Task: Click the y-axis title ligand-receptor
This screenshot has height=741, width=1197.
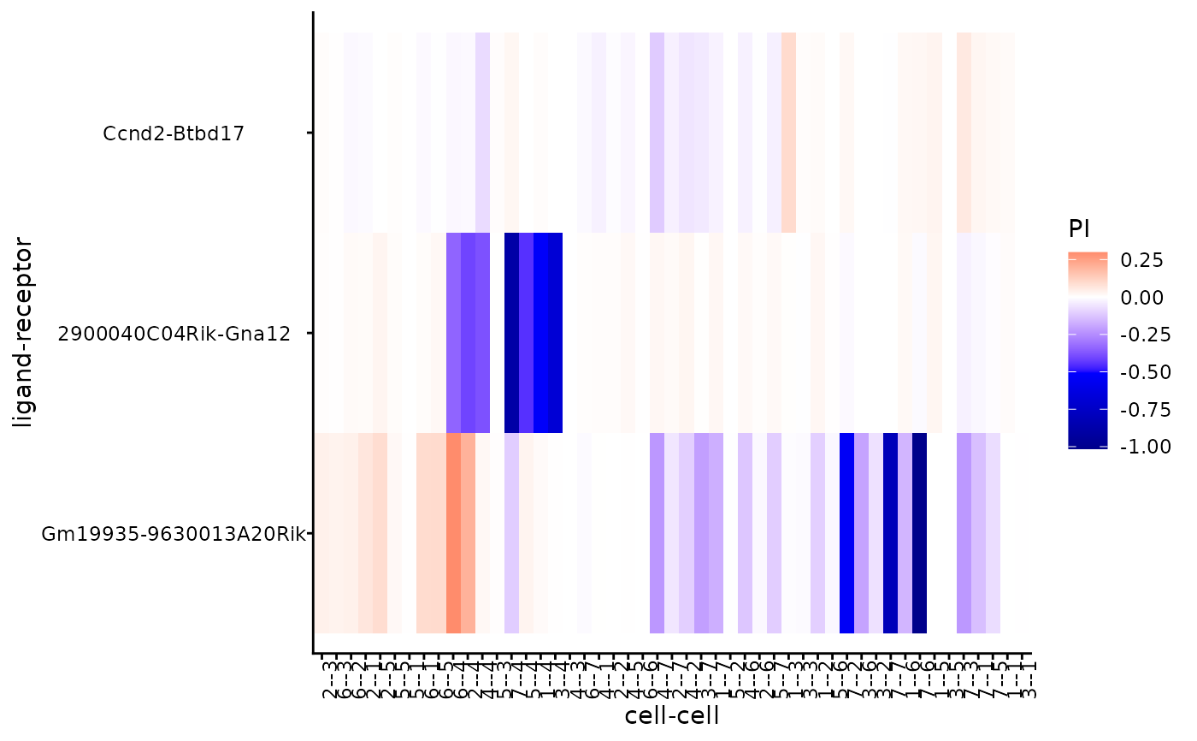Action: coord(23,334)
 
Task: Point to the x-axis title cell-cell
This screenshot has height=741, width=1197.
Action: coord(672,715)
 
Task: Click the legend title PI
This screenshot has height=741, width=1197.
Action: coord(1078,228)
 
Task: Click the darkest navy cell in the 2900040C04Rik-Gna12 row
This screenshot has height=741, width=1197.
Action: coord(511,333)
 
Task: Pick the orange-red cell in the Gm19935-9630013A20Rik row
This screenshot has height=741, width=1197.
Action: coord(453,533)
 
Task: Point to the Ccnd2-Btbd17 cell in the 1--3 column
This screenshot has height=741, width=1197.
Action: coord(788,133)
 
